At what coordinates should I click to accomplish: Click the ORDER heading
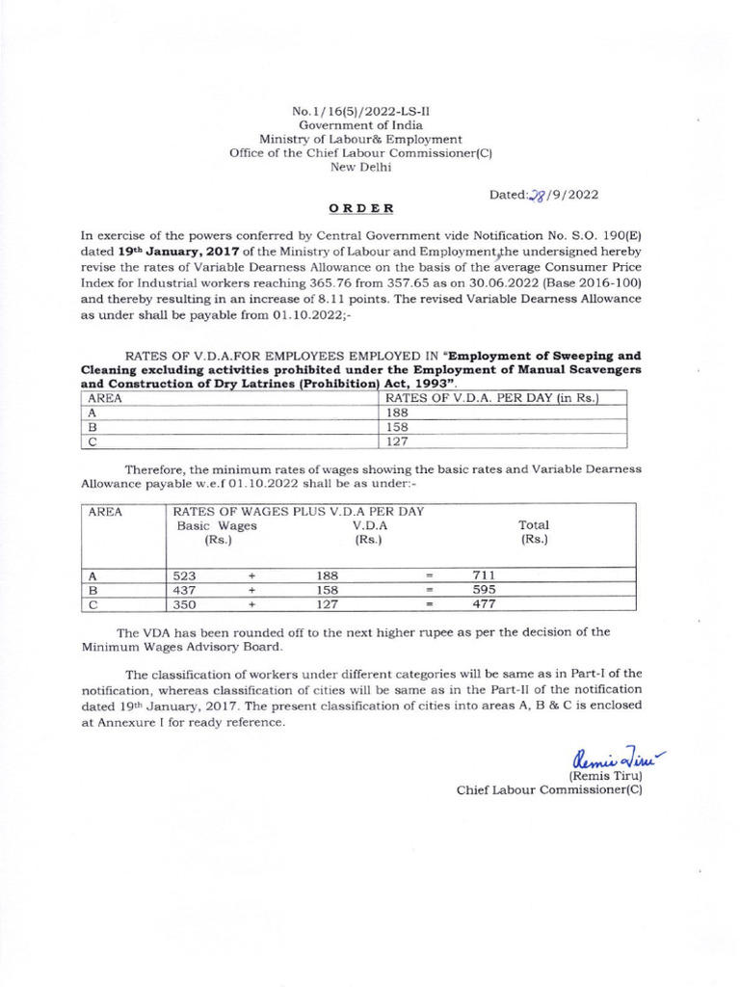361,208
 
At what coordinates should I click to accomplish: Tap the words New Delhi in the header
361,166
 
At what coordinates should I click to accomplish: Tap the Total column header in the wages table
534,532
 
